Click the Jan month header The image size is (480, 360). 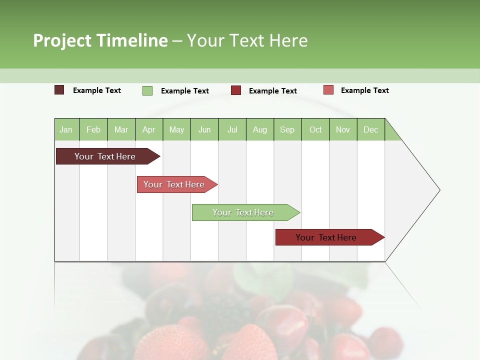(66, 129)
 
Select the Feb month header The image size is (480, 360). (93, 129)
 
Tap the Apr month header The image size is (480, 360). (149, 129)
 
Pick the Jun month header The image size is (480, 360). (204, 129)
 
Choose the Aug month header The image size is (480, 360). (260, 129)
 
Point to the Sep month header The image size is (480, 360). (287, 129)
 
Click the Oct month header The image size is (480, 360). (315, 129)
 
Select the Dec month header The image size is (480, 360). (371, 129)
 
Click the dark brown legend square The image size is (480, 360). (59, 90)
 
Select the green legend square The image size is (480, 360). (147, 90)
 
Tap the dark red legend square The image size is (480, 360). (236, 90)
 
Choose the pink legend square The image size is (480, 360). (328, 90)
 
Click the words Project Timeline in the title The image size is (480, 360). (100, 40)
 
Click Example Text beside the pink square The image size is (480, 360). (364, 90)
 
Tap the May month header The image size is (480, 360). (176, 129)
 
